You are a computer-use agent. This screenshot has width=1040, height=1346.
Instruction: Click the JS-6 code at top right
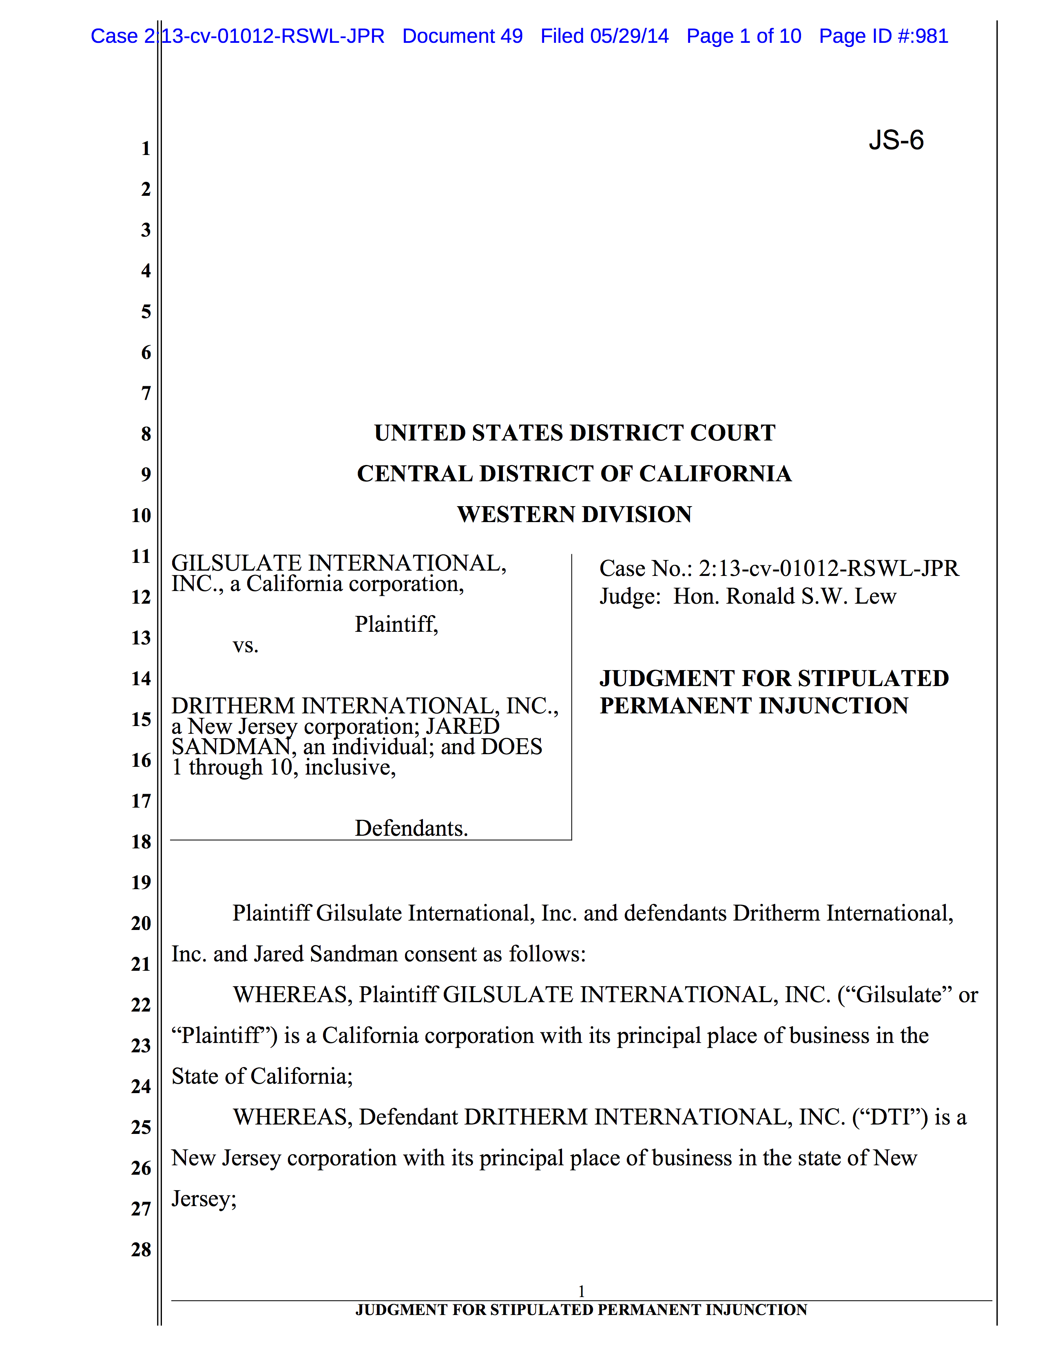coord(896,141)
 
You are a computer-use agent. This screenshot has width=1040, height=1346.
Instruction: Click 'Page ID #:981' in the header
coord(883,36)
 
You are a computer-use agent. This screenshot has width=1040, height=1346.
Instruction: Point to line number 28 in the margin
coord(141,1250)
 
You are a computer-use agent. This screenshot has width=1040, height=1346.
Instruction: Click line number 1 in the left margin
coord(146,148)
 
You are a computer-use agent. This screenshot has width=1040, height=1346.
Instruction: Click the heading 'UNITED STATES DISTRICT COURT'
coord(574,433)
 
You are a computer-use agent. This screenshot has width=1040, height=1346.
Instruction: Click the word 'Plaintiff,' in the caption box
coord(396,624)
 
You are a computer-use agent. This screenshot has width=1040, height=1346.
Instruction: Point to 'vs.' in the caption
coord(245,645)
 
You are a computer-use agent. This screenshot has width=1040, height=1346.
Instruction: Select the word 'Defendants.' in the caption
coord(411,828)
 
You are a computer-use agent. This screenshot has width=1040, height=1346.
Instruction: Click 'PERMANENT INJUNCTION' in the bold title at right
coord(754,706)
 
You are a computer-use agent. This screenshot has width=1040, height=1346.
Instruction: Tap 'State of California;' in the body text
coord(262,1077)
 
